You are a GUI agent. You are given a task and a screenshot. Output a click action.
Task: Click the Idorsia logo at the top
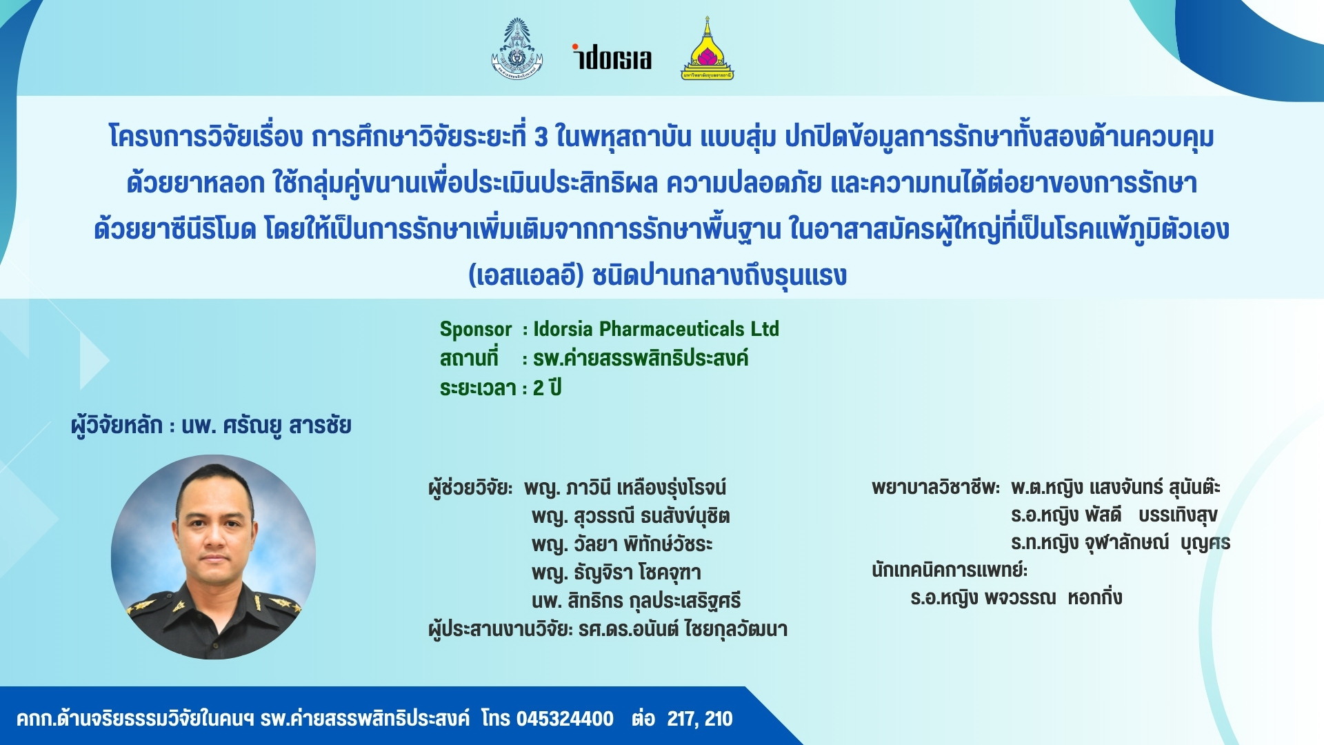612,57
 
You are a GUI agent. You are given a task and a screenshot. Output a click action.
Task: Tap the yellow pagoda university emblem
707,48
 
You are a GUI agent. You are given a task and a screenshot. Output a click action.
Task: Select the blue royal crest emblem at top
516,48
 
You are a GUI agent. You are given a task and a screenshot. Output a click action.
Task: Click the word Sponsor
476,330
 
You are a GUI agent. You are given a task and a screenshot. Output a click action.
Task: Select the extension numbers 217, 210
699,719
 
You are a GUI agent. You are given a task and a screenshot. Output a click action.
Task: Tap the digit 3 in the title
541,137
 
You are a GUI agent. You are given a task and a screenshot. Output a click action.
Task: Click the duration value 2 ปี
548,388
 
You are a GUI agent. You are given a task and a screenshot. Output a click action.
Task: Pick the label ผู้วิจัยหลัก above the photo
117,426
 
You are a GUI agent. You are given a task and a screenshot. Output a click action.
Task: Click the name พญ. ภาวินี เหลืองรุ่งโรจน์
625,488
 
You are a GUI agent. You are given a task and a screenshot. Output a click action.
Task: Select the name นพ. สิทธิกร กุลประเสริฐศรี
636,601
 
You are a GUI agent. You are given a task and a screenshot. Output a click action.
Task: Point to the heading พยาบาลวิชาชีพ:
936,488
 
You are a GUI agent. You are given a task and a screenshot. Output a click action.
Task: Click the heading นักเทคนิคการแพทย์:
950,570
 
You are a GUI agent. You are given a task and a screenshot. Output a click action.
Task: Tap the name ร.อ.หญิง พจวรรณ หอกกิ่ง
1016,597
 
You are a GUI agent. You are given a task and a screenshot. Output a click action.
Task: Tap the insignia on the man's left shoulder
284,606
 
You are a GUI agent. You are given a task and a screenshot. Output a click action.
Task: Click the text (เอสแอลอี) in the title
526,275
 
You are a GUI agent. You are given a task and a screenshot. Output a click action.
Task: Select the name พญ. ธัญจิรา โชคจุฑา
616,573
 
